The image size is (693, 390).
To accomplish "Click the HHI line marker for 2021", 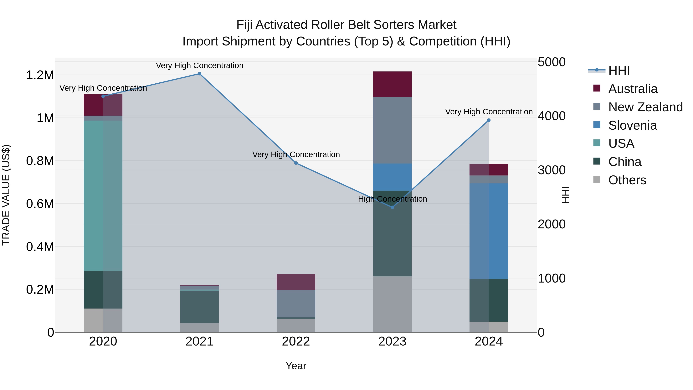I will [199, 74].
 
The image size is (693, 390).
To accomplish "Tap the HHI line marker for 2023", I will [392, 207].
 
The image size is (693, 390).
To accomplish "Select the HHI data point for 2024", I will [489, 120].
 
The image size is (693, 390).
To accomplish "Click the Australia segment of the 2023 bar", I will [392, 84].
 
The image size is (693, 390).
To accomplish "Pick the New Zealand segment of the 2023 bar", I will [392, 130].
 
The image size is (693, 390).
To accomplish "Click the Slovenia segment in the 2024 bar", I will [489, 231].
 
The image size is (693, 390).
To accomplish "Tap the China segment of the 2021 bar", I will [199, 307].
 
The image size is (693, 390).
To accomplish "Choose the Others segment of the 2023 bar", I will [392, 304].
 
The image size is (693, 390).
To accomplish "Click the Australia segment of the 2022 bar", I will [296, 282].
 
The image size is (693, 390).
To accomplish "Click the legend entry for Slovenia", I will [632, 125].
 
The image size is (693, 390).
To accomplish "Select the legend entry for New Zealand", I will [645, 107].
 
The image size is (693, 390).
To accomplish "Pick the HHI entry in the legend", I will [619, 70].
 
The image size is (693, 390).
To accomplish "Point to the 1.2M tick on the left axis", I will [40, 75].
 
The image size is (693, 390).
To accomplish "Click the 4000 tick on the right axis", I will [552, 116].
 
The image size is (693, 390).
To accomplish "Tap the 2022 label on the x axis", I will [296, 341].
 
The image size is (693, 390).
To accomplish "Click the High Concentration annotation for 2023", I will [392, 199].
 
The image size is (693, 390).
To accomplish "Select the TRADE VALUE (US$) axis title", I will [6, 195].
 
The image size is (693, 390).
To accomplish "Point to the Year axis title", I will [296, 366].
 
